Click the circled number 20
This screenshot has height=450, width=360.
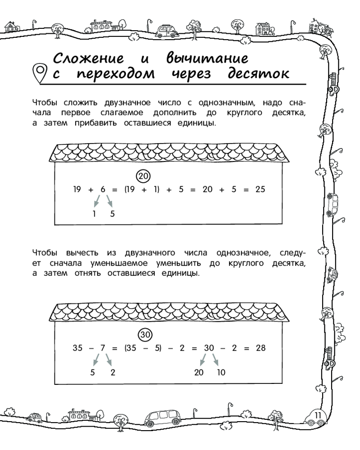143,176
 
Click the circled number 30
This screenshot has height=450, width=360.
144,335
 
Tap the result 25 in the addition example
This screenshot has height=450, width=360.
260,189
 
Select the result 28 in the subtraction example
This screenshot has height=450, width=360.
260,348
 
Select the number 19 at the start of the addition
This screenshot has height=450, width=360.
77,189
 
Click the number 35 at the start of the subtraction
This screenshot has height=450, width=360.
77,348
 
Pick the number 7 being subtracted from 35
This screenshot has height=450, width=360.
103,348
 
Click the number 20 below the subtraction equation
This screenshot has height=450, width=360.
199,373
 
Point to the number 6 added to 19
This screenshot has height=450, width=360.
103,189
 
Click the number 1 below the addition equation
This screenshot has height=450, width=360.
94,214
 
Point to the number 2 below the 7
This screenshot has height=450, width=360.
112,373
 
